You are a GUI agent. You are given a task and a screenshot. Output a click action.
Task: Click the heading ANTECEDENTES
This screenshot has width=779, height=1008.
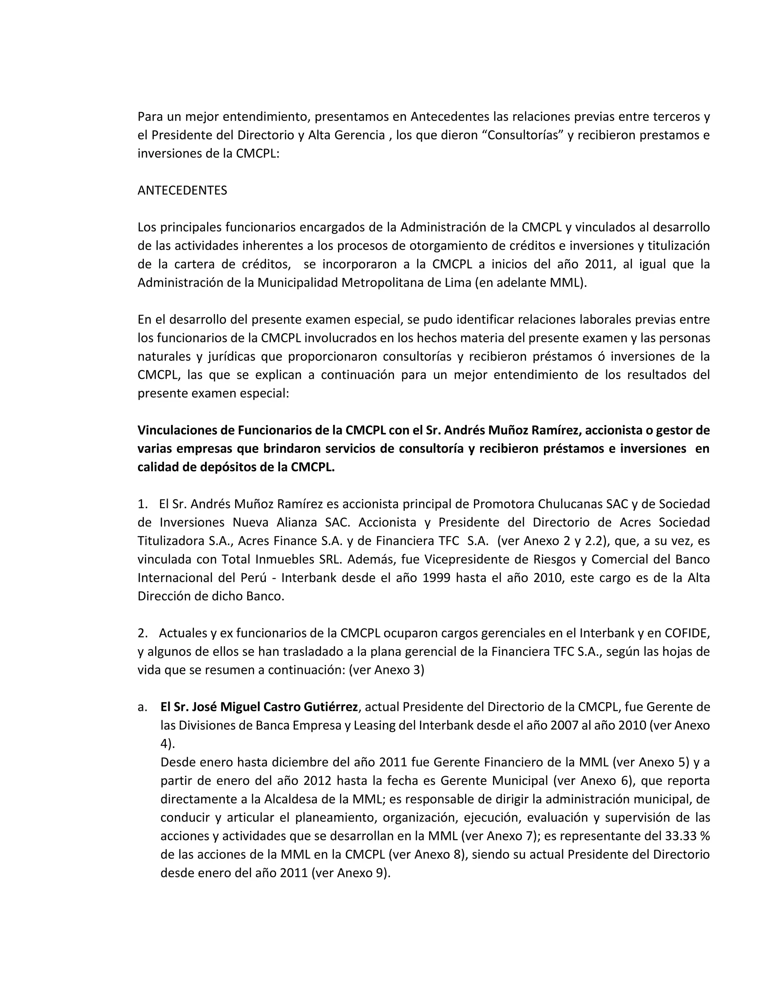click(182, 190)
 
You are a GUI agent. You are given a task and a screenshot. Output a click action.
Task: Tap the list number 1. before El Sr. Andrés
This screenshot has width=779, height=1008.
click(143, 504)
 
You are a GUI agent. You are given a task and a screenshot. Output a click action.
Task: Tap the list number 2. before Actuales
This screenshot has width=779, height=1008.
click(143, 633)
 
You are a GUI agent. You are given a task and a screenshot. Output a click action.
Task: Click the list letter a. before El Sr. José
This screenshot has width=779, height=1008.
click(143, 707)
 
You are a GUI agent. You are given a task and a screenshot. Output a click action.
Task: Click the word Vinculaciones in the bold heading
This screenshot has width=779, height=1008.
click(186, 430)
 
